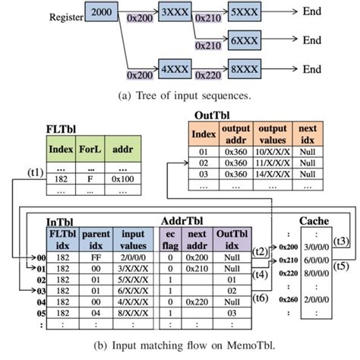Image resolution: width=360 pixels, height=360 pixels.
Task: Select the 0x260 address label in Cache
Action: [288, 298]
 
